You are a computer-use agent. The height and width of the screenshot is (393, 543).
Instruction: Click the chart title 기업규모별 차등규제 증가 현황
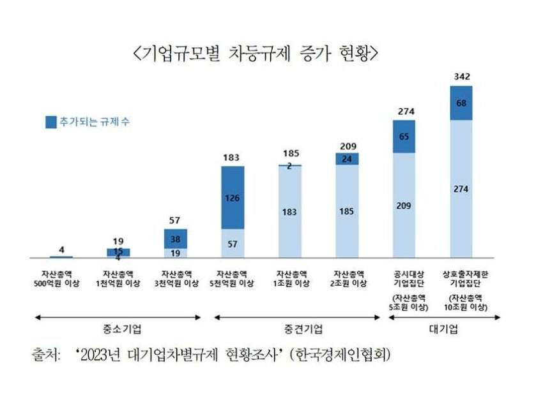[255, 52]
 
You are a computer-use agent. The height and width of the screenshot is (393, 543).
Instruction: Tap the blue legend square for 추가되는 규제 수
[50, 122]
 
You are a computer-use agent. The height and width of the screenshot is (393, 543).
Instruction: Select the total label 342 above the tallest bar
[462, 77]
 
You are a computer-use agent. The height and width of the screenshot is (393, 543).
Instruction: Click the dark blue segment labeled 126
[233, 197]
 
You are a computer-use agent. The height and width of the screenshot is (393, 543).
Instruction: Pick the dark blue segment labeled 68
[462, 103]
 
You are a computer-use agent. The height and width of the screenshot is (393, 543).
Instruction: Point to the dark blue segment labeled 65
[404, 136]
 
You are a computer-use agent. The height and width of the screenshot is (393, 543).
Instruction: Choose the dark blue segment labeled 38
[176, 238]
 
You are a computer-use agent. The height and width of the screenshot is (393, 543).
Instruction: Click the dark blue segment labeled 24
[347, 159]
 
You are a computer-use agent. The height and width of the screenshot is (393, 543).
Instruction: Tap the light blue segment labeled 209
[404, 205]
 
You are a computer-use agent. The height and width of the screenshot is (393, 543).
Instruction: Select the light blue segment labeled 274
[462, 189]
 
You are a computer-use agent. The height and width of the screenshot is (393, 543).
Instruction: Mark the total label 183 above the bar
[233, 156]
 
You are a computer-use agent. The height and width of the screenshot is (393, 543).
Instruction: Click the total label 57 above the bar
[176, 220]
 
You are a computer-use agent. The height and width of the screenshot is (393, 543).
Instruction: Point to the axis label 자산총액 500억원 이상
[61, 278]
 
